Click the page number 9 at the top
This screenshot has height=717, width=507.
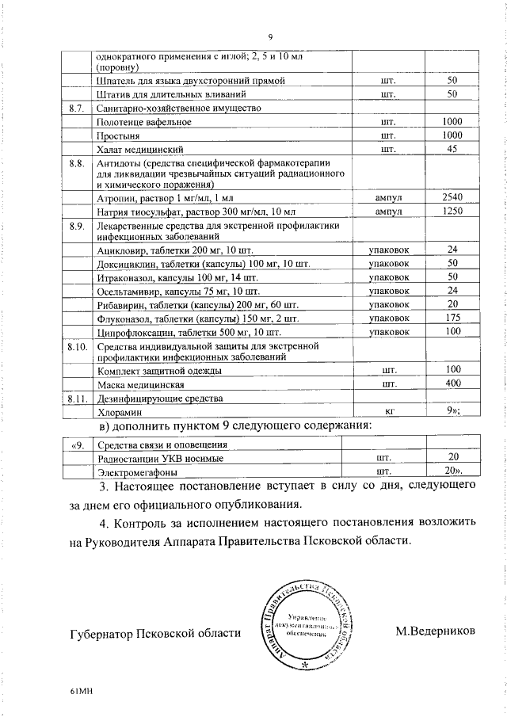coord(270,36)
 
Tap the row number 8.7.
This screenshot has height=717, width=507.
coord(78,108)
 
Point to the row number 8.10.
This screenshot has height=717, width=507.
coord(77,346)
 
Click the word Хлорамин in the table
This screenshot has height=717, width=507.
coord(119,412)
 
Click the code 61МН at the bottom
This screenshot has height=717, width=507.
coord(82,692)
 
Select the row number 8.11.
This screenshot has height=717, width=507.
coord(77,398)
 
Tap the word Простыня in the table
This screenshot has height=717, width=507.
coord(116,135)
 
